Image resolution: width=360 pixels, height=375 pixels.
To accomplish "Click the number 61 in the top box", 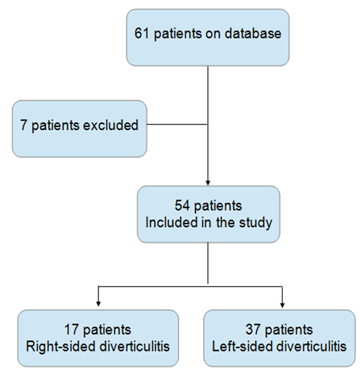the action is click(142, 33).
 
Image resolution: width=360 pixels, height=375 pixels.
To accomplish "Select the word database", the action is click(253, 33).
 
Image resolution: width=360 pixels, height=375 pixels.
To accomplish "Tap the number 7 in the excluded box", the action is click(23, 125).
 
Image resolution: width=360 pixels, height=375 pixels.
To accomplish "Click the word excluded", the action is click(110, 125).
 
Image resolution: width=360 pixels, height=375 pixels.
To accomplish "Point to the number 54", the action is click(182, 205).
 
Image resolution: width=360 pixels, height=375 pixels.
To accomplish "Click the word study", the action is click(255, 223).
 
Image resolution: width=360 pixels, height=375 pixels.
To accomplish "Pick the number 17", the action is click(72, 330).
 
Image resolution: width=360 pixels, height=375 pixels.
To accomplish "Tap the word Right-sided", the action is click(61, 347).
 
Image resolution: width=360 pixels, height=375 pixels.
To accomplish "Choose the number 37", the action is click(253, 329).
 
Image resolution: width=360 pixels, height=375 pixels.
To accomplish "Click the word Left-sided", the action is click(242, 346).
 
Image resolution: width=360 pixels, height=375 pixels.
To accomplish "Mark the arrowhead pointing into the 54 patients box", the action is click(208, 182).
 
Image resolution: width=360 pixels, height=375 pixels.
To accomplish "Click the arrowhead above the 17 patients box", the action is click(98, 303).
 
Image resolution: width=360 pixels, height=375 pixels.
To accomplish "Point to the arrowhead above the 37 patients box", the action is click(282, 305).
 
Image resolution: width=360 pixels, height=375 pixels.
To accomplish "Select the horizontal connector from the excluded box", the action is click(177, 125).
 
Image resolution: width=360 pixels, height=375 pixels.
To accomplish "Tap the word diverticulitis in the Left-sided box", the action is click(311, 346).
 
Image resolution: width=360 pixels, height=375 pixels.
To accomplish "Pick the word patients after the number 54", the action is click(218, 206).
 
